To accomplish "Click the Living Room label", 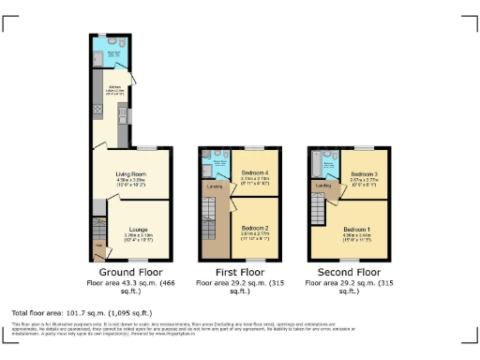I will [130, 173].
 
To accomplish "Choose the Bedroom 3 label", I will [364, 174].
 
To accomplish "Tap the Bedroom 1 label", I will [356, 229].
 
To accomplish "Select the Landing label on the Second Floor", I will [324, 186].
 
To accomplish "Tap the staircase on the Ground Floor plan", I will [98, 227].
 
